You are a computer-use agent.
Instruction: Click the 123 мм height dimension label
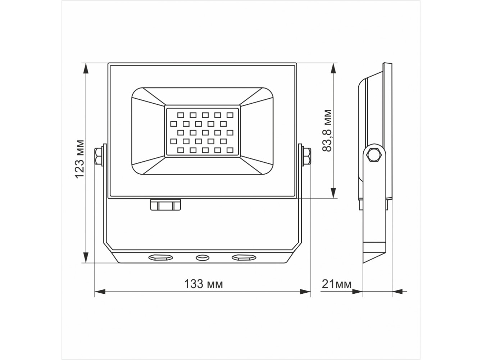point(79,159)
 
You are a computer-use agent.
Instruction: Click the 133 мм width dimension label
point(203,284)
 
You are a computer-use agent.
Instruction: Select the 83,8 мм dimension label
point(327,131)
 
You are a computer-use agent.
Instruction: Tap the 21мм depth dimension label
point(337,284)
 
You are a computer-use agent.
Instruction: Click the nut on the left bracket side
point(98,156)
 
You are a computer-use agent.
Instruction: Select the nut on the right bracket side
point(306,156)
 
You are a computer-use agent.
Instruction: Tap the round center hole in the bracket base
point(202,257)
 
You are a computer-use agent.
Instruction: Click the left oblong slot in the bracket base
point(160,257)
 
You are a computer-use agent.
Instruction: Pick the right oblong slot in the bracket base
point(244,257)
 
